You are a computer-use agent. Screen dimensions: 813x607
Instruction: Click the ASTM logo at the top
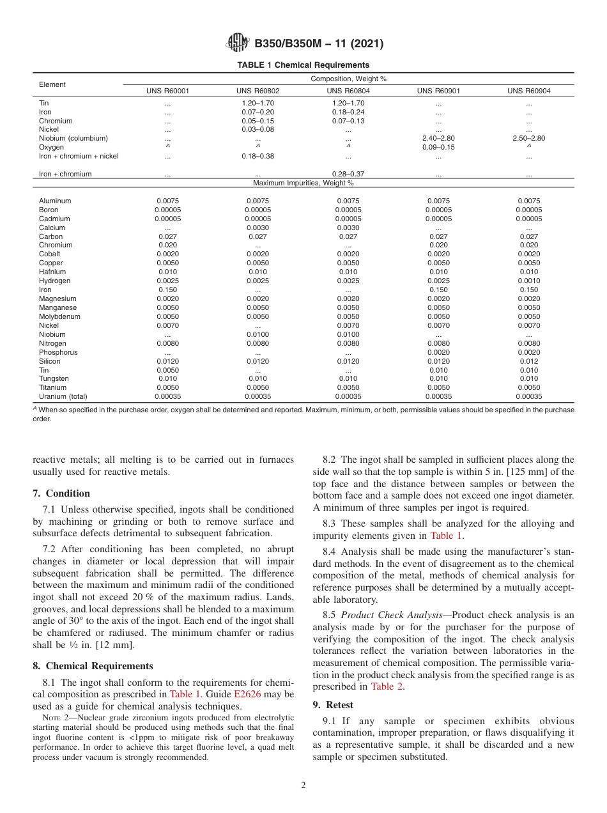pos(238,43)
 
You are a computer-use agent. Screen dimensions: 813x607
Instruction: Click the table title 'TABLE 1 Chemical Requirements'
pos(303,65)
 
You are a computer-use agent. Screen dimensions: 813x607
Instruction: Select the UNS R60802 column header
pos(257,91)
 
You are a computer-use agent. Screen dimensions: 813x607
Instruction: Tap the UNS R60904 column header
pos(528,91)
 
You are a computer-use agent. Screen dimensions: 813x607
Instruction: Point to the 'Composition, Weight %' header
pos(348,79)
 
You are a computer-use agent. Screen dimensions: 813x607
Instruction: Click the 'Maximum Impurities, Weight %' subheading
pos(303,183)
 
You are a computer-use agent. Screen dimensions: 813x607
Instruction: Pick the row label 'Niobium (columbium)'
pos(73,138)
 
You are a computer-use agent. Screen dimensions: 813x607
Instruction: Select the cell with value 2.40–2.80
pos(438,138)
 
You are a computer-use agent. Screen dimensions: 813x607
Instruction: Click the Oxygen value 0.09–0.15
pos(438,147)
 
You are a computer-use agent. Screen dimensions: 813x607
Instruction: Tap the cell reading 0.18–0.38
pos(257,156)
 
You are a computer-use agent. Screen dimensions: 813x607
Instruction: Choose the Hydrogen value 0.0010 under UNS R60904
pos(528,281)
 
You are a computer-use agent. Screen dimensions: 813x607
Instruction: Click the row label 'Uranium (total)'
pos(63,396)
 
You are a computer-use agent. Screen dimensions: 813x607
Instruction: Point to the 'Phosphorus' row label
pos(58,352)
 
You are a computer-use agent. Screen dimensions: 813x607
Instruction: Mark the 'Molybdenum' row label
pos(59,316)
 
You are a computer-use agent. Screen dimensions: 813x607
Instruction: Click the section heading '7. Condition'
pos(61,493)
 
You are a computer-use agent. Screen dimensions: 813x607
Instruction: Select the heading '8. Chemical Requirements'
pos(93,666)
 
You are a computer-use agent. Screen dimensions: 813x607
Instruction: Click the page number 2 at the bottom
pos(303,786)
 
